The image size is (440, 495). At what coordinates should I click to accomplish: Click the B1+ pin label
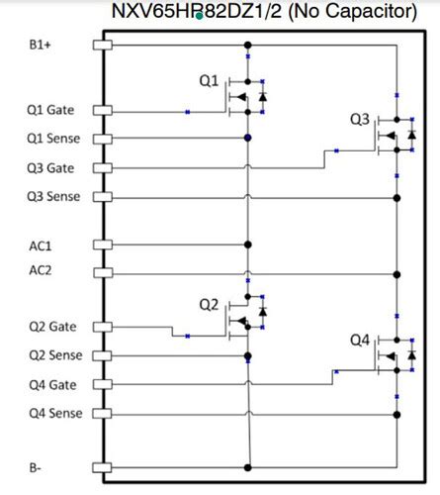pyautogui.click(x=40, y=46)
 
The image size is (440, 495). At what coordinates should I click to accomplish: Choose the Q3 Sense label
pyautogui.click(x=54, y=196)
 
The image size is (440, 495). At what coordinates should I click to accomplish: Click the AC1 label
pyautogui.click(x=41, y=244)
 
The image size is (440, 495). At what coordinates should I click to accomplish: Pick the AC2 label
pyautogui.click(x=41, y=270)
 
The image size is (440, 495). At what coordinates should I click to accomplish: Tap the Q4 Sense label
pyautogui.click(x=54, y=413)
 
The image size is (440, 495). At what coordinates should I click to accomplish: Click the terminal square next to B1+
pyautogui.click(x=99, y=45)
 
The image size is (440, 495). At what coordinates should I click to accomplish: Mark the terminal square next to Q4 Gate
pyautogui.click(x=99, y=385)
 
